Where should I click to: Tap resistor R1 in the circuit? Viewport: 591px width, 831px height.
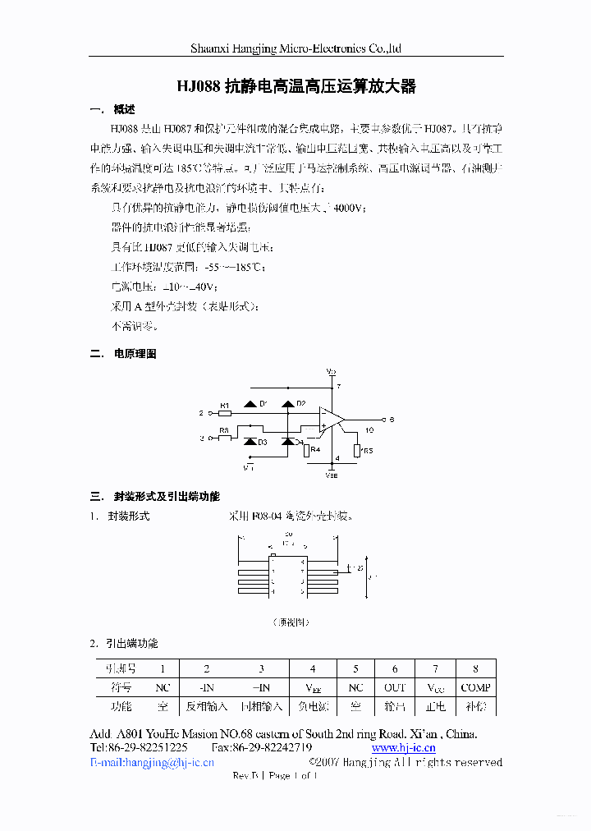pos(225,412)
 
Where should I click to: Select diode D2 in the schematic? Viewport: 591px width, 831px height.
pos(287,404)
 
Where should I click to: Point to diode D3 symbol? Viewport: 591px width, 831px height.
pos(250,442)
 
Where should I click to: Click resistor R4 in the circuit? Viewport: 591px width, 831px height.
pos(306,450)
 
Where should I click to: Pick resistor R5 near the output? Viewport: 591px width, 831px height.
pos(357,451)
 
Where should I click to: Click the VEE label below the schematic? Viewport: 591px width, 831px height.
pos(331,475)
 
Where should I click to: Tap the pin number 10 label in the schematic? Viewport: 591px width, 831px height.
pos(369,430)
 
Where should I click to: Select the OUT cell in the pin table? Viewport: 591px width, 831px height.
pos(395,687)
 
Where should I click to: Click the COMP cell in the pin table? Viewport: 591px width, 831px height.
pos(475,687)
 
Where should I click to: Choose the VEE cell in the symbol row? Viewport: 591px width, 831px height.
pos(312,687)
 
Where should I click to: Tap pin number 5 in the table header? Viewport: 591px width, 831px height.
pos(355,668)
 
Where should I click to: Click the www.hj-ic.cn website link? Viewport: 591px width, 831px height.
pos(403,747)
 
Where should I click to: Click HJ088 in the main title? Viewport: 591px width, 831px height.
pos(199,86)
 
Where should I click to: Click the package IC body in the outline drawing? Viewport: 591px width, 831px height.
pos(287,575)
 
